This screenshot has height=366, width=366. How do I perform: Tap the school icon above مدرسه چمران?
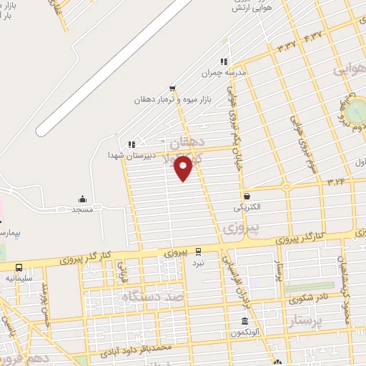(223, 62)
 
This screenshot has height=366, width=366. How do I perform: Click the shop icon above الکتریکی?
(247, 196)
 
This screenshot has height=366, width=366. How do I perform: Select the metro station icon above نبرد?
(198, 251)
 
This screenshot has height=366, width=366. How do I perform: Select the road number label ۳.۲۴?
(336, 182)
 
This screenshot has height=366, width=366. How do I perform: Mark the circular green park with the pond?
(355, 111)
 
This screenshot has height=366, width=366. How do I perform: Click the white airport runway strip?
(114, 68)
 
